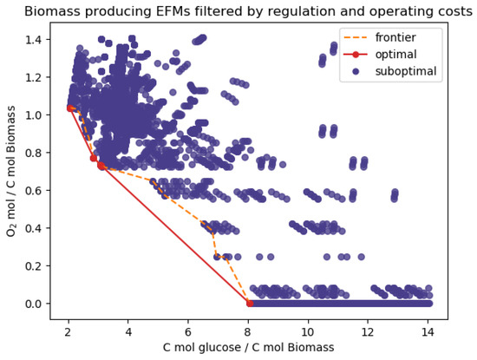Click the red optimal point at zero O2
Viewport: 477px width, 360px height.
tap(250, 304)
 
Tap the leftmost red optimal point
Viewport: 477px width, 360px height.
tap(70, 108)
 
